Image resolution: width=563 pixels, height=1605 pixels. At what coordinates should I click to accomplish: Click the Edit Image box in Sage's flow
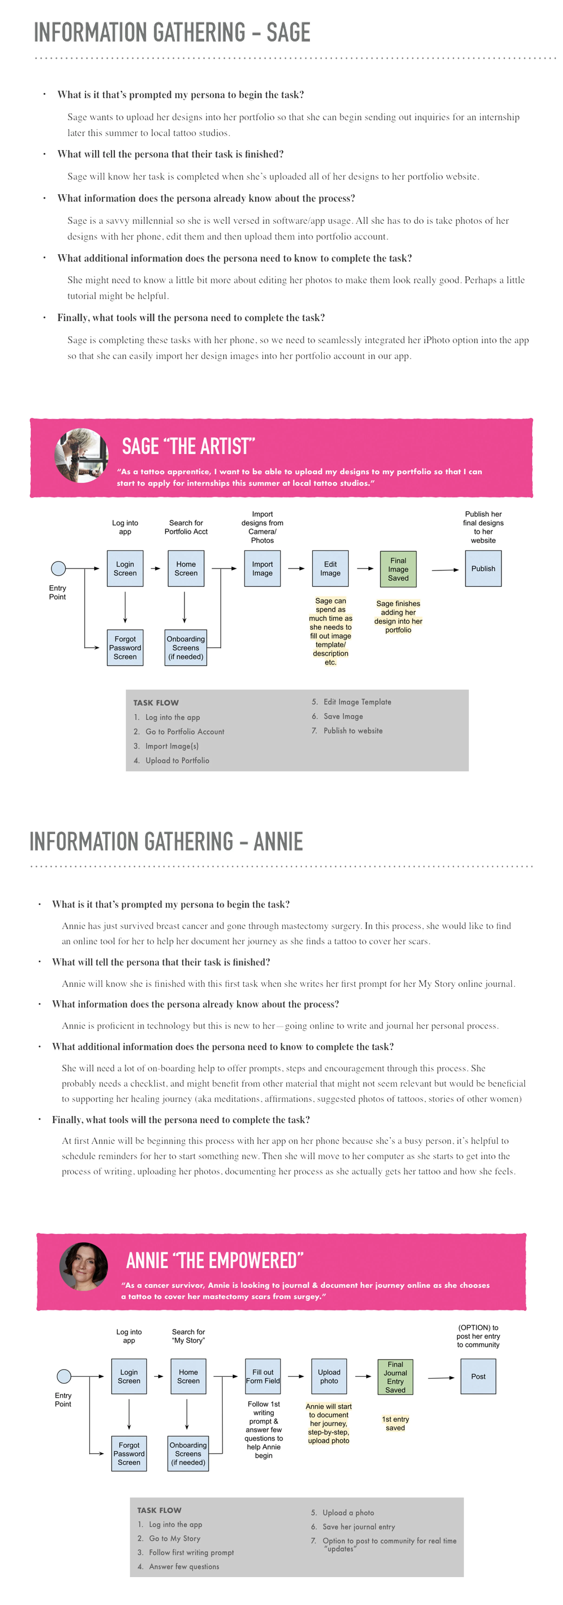click(330, 568)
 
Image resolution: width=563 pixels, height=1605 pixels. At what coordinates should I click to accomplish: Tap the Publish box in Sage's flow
click(483, 568)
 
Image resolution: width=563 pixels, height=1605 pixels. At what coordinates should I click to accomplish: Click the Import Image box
click(262, 568)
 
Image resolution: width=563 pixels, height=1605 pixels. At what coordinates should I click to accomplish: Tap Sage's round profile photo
click(82, 455)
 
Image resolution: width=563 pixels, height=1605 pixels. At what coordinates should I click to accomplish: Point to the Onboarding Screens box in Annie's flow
click(188, 1454)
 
